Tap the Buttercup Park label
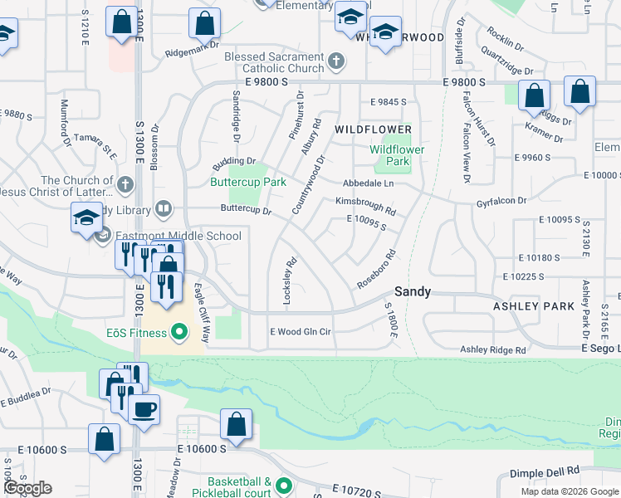click(247, 182)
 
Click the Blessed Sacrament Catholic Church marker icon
click(335, 61)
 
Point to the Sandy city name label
click(412, 291)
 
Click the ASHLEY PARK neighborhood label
click(534, 306)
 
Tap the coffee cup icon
click(144, 410)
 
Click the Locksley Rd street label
click(288, 282)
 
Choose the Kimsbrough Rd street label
click(365, 205)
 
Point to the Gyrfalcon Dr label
click(501, 201)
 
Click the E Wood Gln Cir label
click(301, 331)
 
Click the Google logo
click(27, 488)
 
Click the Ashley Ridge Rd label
click(493, 350)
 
